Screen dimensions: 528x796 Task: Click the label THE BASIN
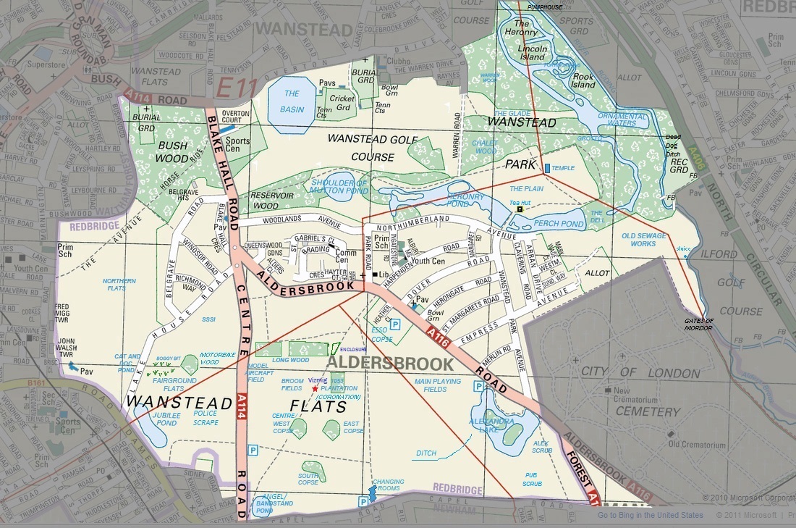292,101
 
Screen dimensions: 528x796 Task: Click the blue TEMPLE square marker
546,168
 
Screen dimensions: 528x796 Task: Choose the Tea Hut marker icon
520,209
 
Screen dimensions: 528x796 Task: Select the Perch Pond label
559,224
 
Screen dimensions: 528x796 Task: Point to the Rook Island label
584,80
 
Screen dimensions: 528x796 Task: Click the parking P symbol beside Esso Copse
396,325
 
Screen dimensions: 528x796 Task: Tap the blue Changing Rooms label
388,485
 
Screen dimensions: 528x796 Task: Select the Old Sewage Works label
639,240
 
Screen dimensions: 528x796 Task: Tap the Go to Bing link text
650,516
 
